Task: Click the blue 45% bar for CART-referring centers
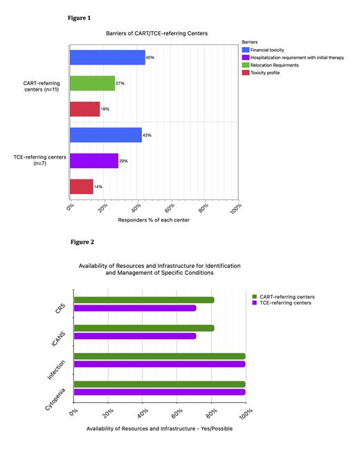pos(107,57)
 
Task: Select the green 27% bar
pos(91,83)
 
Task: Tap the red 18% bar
pos(84,109)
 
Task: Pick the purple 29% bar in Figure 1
pos(93,161)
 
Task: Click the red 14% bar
pos(80,186)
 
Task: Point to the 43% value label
pos(147,136)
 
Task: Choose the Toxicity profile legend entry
pos(264,73)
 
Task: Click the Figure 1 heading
pos(80,16)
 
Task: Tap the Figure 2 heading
pos(82,242)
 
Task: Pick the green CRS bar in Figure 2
pos(143,301)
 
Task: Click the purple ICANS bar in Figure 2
pos(134,336)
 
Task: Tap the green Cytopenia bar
pos(159,384)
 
